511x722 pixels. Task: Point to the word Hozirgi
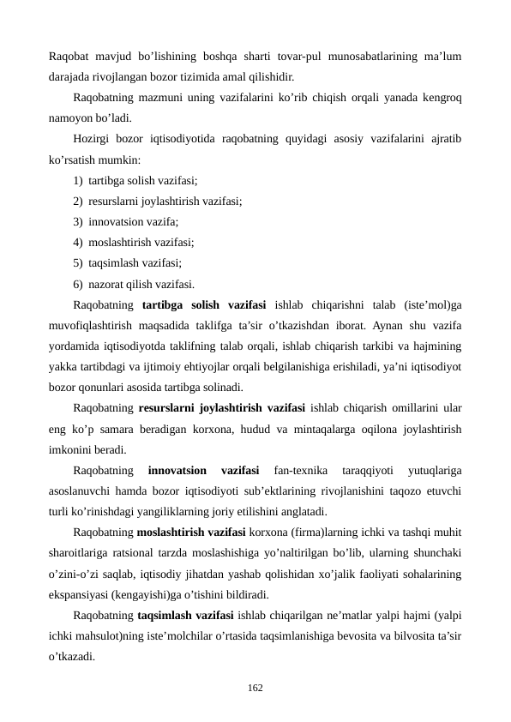(94, 139)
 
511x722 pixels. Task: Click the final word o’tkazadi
(72, 655)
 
